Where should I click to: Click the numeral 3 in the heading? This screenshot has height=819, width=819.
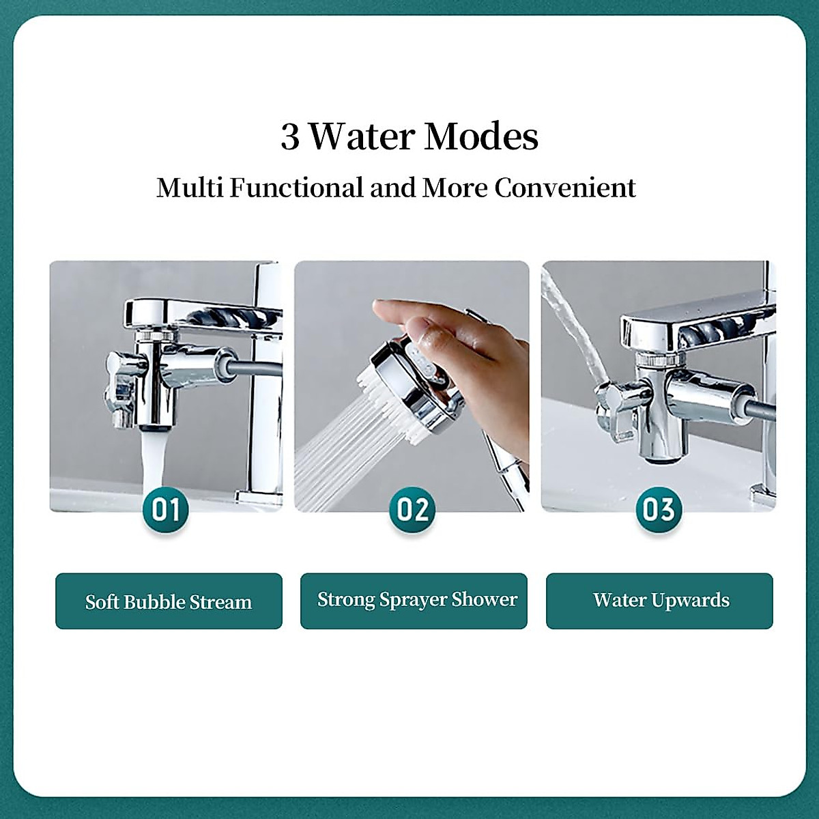[x=290, y=136]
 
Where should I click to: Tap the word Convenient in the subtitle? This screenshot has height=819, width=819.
[x=565, y=187]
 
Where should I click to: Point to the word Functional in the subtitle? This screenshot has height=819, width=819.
[x=296, y=187]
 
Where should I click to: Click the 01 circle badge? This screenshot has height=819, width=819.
[x=166, y=509]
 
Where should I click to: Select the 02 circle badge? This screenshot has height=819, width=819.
[x=412, y=509]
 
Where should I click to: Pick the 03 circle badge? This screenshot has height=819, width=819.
[x=658, y=509]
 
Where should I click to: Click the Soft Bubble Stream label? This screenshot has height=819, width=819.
[x=169, y=601]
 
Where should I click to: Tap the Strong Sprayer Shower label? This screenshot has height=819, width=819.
[x=414, y=600]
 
